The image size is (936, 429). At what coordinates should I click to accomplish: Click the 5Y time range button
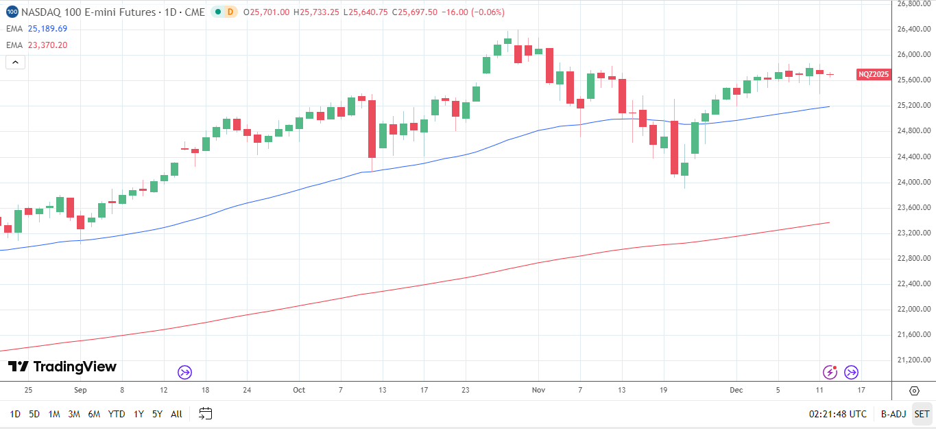click(157, 414)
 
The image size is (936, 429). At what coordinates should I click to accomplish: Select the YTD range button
click(117, 414)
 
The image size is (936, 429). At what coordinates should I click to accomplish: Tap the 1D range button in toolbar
click(15, 414)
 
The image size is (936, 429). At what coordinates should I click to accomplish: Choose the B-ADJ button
click(893, 414)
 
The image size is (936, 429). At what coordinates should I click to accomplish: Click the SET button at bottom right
click(922, 414)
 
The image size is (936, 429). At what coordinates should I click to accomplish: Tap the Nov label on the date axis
click(538, 390)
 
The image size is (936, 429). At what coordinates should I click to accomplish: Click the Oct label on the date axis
click(298, 390)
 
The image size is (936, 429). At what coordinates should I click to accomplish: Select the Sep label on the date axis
click(80, 390)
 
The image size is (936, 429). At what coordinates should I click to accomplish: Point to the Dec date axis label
click(736, 390)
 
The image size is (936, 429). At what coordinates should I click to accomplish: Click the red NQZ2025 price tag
click(874, 74)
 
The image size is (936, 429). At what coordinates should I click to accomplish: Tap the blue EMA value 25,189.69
click(47, 29)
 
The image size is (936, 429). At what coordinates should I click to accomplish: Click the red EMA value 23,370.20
click(47, 45)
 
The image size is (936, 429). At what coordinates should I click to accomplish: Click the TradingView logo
click(62, 367)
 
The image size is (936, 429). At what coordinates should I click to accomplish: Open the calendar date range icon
click(205, 413)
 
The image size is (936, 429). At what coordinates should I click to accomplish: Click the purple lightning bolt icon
click(830, 372)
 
